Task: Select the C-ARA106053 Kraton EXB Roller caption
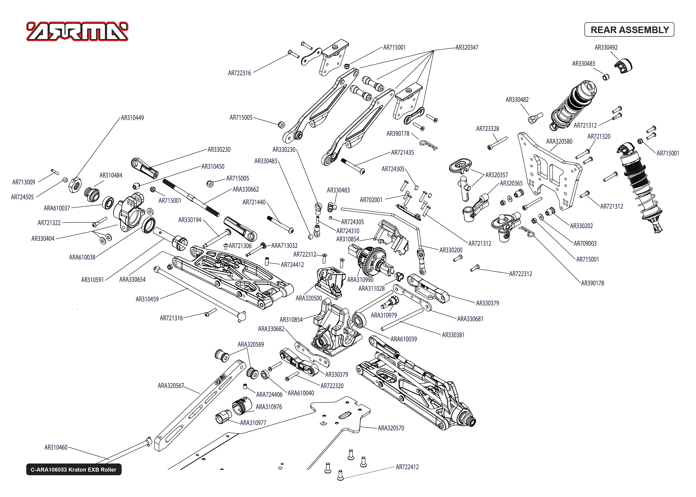pos(74,469)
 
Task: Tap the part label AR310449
pos(132,118)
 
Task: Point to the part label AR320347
pos(467,47)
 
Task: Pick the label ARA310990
pos(360,280)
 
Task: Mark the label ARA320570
pos(391,428)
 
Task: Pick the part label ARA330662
pos(245,189)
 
